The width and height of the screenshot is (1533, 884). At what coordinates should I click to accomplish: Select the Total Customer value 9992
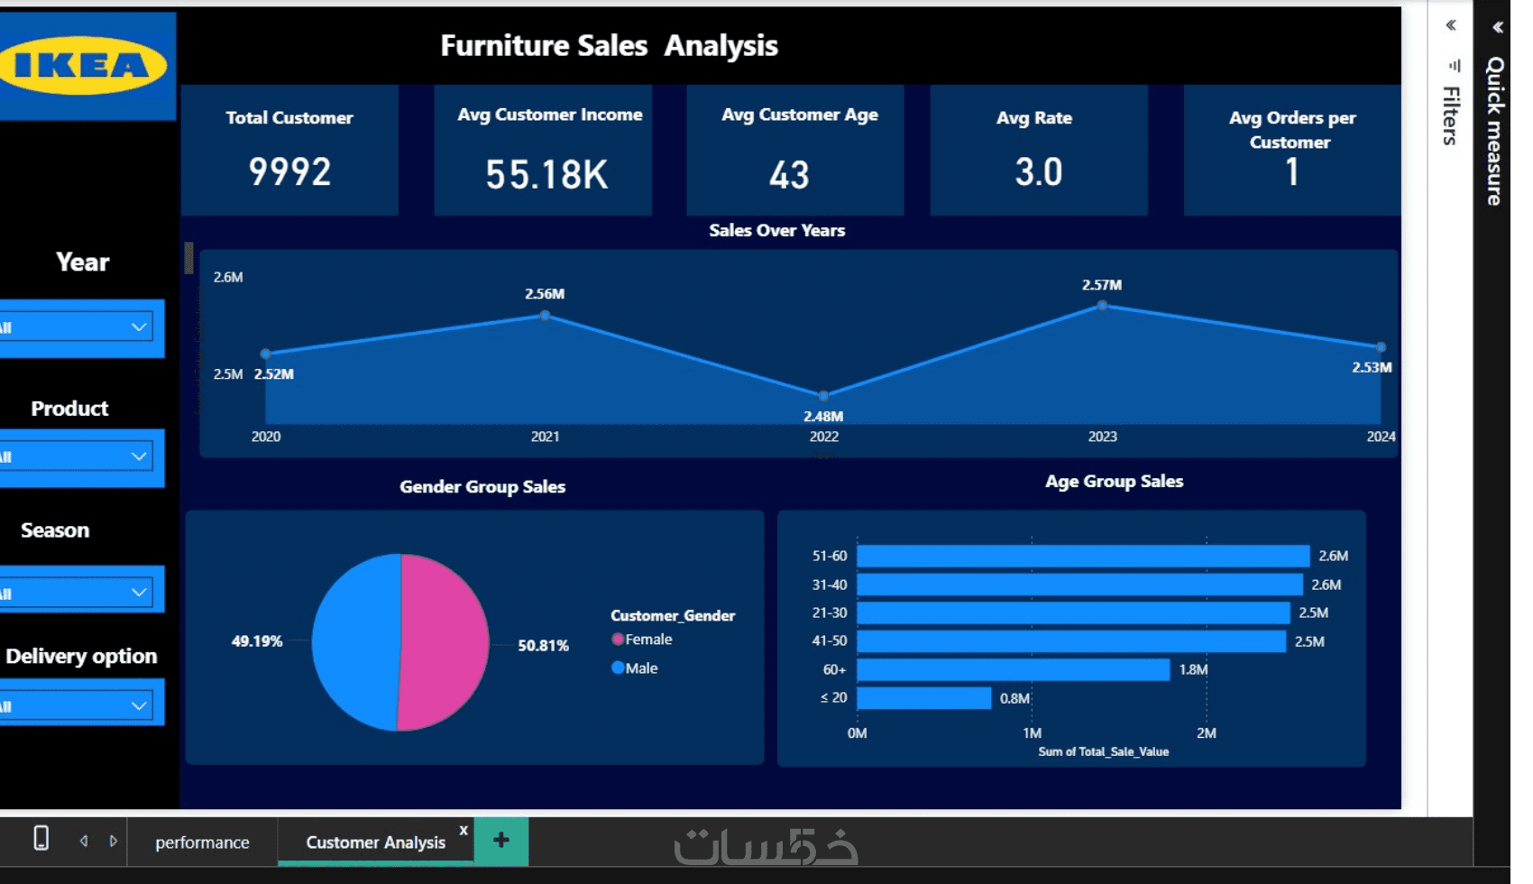tap(289, 171)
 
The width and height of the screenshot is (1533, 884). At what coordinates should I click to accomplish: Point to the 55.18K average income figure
tap(546, 174)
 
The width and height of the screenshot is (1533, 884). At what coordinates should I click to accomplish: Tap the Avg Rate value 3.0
tap(1038, 172)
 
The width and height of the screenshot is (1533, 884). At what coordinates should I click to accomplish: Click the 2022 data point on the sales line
tap(823, 396)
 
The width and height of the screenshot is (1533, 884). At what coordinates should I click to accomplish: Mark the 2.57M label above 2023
tap(1102, 285)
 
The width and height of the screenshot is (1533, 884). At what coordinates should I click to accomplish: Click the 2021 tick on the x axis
tap(545, 437)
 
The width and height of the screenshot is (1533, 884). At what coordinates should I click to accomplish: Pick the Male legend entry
tap(640, 668)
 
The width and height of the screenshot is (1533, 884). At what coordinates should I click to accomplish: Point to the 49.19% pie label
tap(257, 641)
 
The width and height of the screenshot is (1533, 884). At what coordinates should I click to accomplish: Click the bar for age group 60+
tap(1012, 669)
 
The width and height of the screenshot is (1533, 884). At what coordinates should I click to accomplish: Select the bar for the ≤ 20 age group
tap(923, 698)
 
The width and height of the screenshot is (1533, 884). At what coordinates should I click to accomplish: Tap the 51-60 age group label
tap(829, 556)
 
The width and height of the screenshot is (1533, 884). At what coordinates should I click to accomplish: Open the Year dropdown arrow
tap(139, 327)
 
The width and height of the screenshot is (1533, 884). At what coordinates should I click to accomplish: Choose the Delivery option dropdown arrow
tap(139, 705)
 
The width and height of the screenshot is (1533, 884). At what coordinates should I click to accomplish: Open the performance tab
tap(202, 843)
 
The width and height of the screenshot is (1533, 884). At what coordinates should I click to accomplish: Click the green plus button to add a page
tap(501, 841)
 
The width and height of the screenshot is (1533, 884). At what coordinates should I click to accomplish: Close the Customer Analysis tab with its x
tap(464, 830)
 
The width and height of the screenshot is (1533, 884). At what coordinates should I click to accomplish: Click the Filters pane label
tap(1450, 115)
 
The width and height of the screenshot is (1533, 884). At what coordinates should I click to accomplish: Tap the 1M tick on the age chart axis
tap(1032, 733)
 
